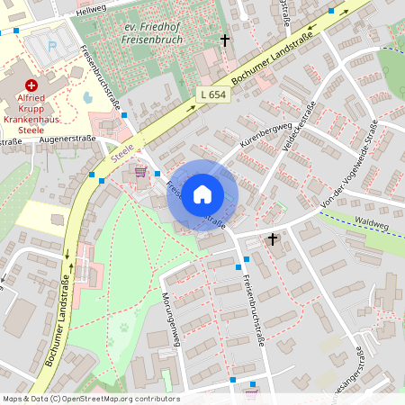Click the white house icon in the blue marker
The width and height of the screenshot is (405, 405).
(x=202, y=194)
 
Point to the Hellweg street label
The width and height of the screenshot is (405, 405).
(x=90, y=9)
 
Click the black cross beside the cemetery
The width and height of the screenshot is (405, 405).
(x=225, y=40)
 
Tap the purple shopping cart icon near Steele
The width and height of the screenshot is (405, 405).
(x=140, y=170)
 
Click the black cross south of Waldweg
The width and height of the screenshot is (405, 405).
(x=273, y=238)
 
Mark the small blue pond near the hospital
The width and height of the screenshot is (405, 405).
(x=87, y=97)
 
